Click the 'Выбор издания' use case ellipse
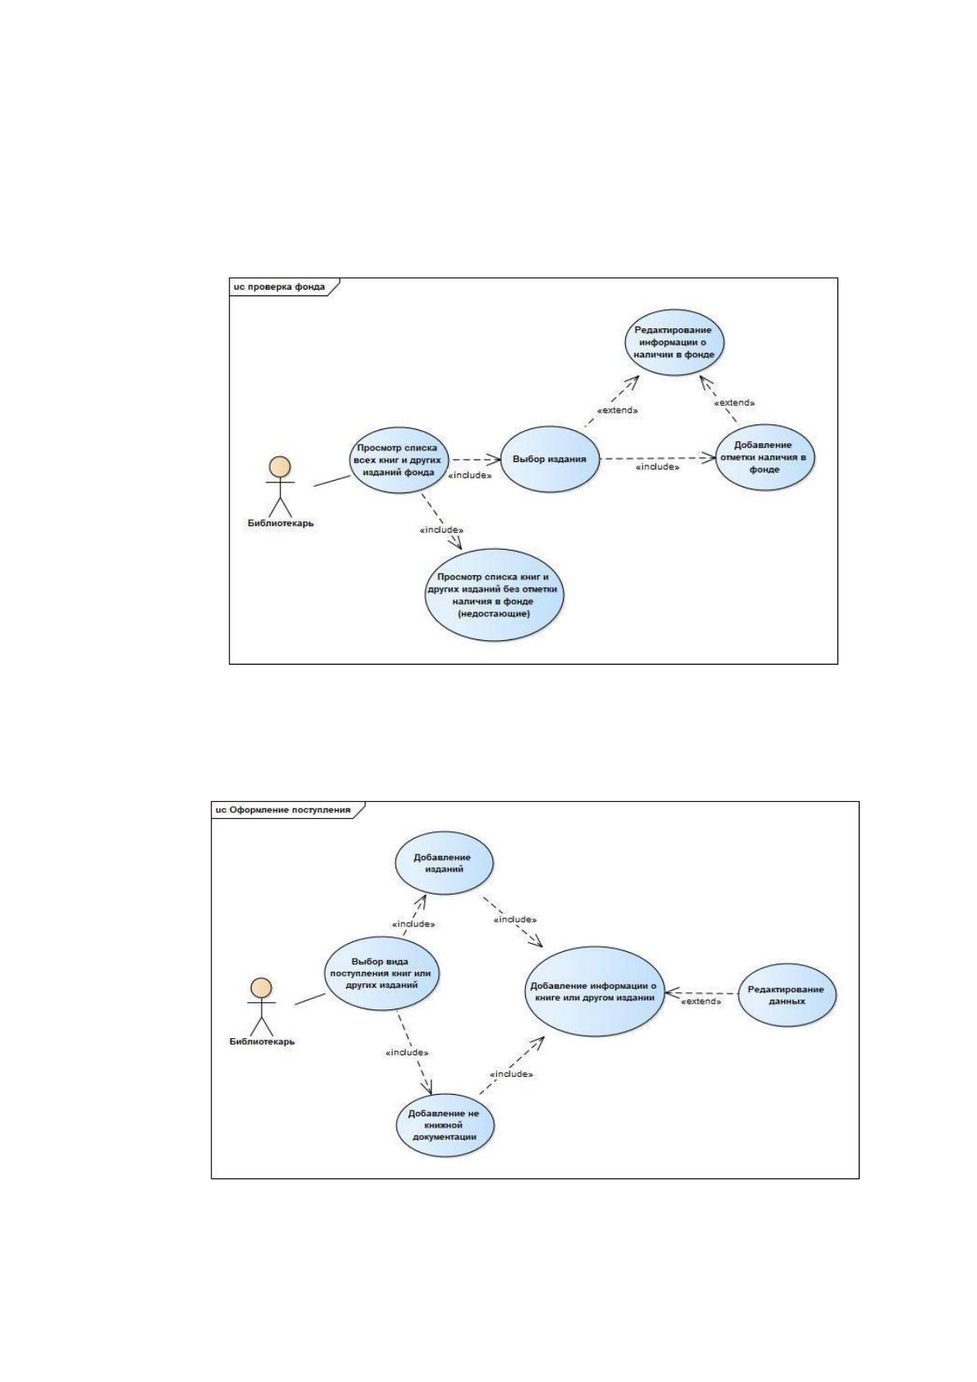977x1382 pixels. click(549, 459)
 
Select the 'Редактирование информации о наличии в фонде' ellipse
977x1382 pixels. click(675, 342)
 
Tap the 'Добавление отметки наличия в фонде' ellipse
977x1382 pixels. click(765, 457)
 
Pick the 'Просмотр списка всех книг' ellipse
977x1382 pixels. click(398, 460)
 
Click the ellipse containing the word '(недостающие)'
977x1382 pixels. click(495, 595)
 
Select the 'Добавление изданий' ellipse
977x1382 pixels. click(444, 863)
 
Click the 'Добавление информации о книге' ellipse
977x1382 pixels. click(594, 991)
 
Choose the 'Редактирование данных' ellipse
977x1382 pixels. click(787, 995)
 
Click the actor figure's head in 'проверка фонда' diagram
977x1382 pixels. click(280, 466)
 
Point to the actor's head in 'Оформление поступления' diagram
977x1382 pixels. click(261, 988)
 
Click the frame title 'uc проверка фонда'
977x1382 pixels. click(279, 287)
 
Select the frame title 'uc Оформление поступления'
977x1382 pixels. click(282, 810)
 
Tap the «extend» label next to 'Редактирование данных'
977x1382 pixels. click(701, 1001)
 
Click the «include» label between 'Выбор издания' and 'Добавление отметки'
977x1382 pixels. click(658, 467)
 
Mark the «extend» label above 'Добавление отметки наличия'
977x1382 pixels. click(734, 403)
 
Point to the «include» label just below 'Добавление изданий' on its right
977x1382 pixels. click(515, 919)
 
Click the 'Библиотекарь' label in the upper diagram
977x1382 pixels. click(281, 524)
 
